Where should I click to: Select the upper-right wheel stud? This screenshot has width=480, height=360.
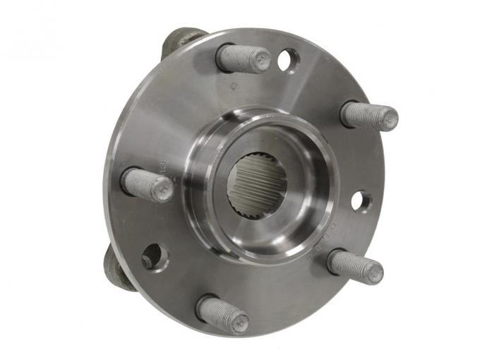(367, 115)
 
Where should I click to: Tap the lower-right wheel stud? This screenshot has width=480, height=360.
(353, 265)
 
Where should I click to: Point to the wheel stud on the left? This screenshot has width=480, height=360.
(145, 185)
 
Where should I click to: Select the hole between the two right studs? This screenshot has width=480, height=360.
(361, 201)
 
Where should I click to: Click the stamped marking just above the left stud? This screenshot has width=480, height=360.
(162, 166)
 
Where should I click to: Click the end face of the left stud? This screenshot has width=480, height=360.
(160, 190)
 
